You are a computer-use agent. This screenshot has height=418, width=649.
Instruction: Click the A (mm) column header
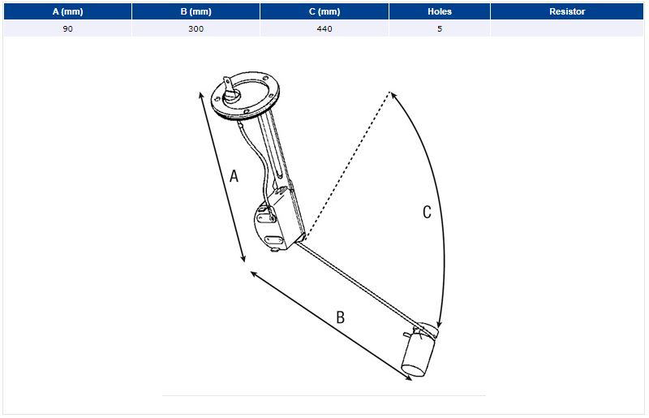[67, 11]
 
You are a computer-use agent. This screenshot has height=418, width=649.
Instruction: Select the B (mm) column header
[196, 11]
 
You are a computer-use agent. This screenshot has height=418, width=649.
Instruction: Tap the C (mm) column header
[324, 11]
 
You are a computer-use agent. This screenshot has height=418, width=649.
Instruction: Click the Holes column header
[440, 11]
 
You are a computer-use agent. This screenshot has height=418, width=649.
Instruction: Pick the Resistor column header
[567, 11]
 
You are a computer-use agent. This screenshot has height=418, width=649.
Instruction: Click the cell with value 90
[67, 28]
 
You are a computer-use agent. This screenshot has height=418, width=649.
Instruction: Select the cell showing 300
[196, 28]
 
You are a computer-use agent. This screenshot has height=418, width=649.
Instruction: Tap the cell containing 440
[324, 28]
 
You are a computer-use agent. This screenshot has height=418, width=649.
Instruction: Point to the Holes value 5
[440, 28]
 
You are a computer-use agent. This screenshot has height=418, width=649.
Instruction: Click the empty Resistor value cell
[567, 28]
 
